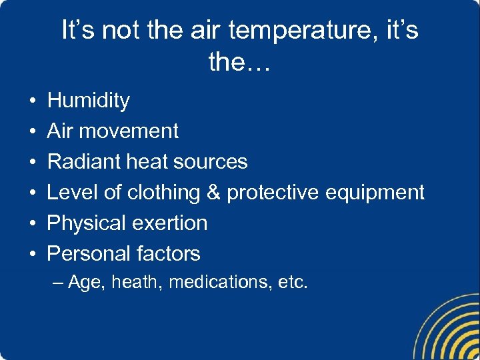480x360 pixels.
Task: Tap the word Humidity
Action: [x=89, y=101]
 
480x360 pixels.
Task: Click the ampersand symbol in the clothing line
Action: [x=213, y=192]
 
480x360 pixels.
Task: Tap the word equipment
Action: [x=375, y=193]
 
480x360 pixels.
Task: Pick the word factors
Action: [x=169, y=253]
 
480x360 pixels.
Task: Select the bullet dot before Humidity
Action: [x=33, y=101]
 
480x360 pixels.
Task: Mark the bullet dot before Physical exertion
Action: [x=33, y=223]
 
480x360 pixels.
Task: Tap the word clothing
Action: [x=164, y=193]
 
